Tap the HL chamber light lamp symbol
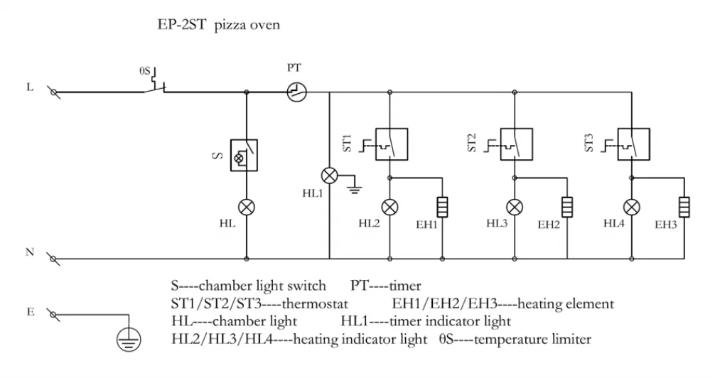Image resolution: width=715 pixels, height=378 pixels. pos(246,207)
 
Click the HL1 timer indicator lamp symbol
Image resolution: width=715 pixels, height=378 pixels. pos(329,175)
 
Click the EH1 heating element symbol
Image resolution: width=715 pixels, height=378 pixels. pos(442,207)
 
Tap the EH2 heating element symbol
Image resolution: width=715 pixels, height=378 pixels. pos(567,207)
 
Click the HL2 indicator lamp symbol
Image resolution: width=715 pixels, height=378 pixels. pos(390,207)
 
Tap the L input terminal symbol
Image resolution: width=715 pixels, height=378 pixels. pos(52,92)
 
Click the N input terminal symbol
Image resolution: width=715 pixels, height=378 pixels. pos(52,259)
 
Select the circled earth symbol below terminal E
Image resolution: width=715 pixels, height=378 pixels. pos(129,340)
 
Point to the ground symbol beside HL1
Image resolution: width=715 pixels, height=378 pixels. pos(353,189)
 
